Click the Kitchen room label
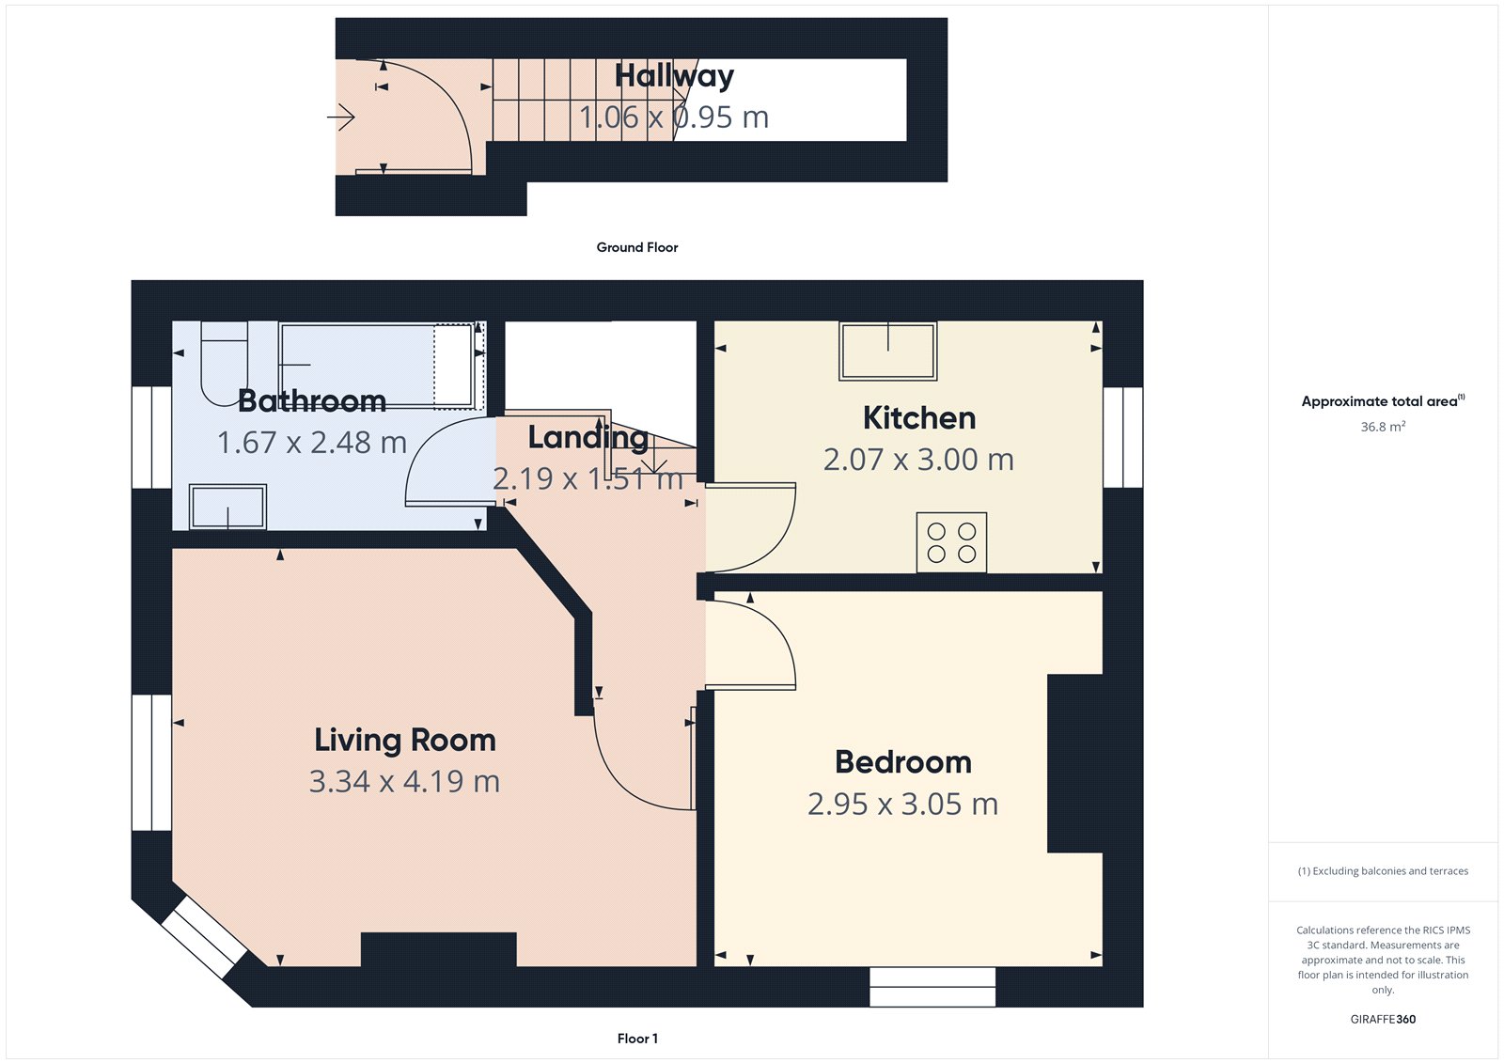click(x=918, y=418)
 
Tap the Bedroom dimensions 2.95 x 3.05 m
click(x=902, y=805)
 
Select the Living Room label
click(x=404, y=741)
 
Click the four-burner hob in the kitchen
click(x=951, y=542)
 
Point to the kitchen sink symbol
click(x=887, y=351)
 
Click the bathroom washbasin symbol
click(x=228, y=507)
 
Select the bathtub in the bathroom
click(x=376, y=365)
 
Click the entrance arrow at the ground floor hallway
click(x=341, y=117)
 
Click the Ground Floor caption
click(x=636, y=247)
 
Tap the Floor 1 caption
click(x=637, y=1039)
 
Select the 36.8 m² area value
click(x=1383, y=427)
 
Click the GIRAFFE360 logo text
click(x=1383, y=1019)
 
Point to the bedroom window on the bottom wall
click(x=932, y=987)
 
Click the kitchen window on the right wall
click(x=1122, y=437)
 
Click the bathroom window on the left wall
click(x=151, y=437)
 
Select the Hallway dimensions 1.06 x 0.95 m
click(x=673, y=117)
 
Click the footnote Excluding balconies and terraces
click(x=1383, y=871)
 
